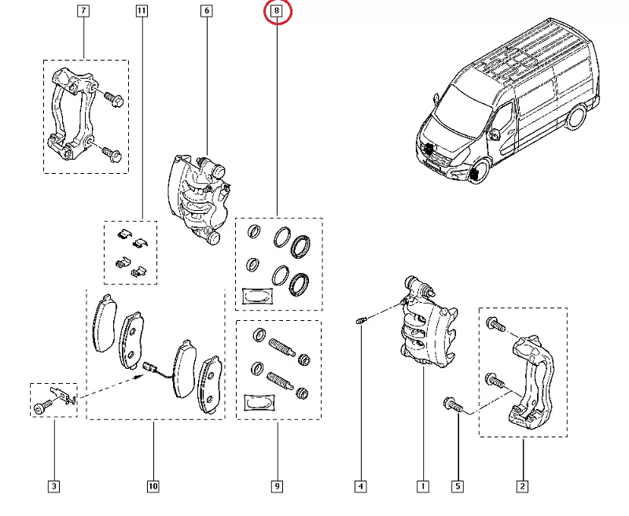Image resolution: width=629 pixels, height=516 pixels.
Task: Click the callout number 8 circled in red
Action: pyautogui.click(x=277, y=12)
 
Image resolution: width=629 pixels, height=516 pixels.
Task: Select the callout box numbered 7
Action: pyautogui.click(x=83, y=12)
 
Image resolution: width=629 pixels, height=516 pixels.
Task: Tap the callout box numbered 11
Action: pyautogui.click(x=141, y=12)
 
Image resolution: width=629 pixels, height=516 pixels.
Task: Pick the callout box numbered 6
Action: pyautogui.click(x=206, y=12)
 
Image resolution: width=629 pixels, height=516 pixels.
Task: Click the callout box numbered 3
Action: pyautogui.click(x=53, y=487)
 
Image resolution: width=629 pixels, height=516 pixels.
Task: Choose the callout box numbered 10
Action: pyautogui.click(x=153, y=487)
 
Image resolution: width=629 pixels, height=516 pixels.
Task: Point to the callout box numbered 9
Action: pyautogui.click(x=277, y=487)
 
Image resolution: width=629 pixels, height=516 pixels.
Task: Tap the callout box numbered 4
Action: pyautogui.click(x=360, y=487)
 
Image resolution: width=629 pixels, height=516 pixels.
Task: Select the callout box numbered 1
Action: pyautogui.click(x=423, y=487)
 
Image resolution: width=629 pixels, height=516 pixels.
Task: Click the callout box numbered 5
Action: pyautogui.click(x=457, y=487)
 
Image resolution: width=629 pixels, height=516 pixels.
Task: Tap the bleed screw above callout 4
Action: pyautogui.click(x=361, y=321)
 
